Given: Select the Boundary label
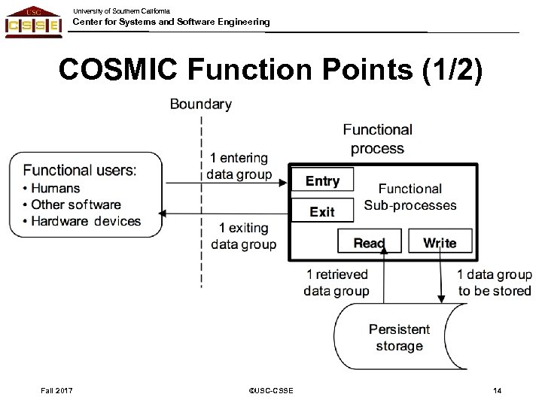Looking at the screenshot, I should click(x=200, y=105).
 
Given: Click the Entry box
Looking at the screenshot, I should click(x=322, y=181).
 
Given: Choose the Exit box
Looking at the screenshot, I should click(x=322, y=212).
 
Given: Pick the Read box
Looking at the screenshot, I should click(x=369, y=243).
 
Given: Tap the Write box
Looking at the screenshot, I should click(x=440, y=243).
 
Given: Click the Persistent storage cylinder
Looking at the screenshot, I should click(x=399, y=338).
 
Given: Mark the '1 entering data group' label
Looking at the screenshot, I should click(x=239, y=166).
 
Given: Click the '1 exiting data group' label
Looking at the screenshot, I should click(x=242, y=235).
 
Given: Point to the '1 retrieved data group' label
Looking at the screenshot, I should click(x=336, y=283).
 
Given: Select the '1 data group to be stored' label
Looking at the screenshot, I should click(x=494, y=283).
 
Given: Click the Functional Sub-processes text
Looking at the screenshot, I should click(x=410, y=197).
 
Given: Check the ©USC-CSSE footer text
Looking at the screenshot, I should click(x=270, y=389).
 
